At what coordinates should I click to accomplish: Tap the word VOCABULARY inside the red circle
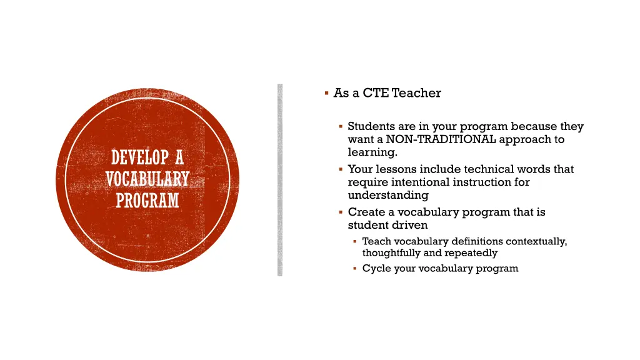click(147, 179)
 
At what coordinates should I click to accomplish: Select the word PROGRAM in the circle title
click(147, 201)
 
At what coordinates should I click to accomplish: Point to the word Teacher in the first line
click(416, 93)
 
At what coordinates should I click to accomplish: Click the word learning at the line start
click(372, 152)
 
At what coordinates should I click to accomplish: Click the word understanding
click(387, 196)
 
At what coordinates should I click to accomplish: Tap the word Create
click(366, 212)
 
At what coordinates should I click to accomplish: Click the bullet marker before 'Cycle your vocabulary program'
click(354, 269)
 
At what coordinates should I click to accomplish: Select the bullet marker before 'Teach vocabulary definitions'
click(354, 241)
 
